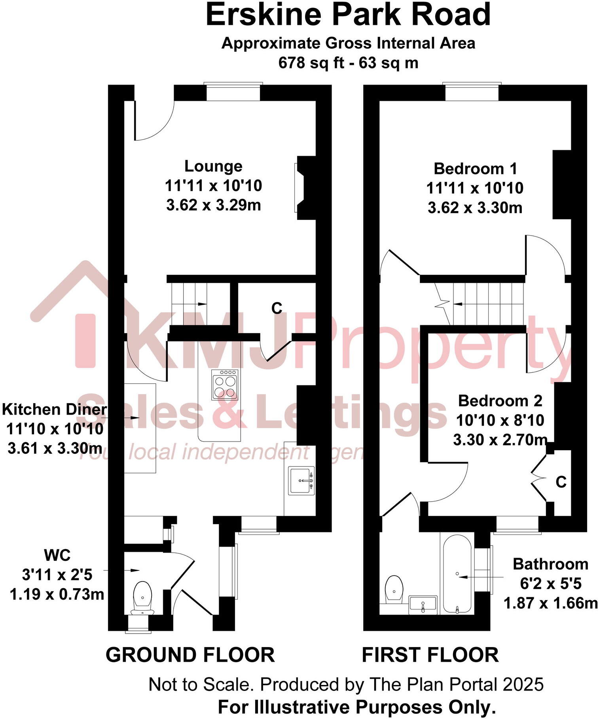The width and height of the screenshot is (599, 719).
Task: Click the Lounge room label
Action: [x=213, y=166]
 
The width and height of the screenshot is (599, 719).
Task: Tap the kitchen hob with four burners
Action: [x=225, y=385]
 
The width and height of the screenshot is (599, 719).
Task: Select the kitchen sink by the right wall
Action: [x=302, y=481]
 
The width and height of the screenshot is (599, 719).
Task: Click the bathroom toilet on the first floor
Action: [x=394, y=589]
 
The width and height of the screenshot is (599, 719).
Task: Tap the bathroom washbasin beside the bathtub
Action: [x=423, y=604]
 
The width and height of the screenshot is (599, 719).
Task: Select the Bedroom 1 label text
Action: [x=475, y=169]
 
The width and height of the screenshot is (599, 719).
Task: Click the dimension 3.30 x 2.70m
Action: [x=500, y=440]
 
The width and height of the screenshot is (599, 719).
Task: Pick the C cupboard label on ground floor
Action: [x=277, y=308]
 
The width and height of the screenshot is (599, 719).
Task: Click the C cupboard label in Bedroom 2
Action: [x=561, y=482]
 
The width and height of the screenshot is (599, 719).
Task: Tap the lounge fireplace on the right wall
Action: [x=303, y=188]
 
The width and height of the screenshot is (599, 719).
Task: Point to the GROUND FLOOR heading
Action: [x=190, y=655]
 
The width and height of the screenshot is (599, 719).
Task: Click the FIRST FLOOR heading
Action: [x=430, y=655]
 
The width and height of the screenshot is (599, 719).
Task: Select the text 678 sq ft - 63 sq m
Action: [x=348, y=63]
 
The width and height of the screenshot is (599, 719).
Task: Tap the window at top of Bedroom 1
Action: [x=471, y=92]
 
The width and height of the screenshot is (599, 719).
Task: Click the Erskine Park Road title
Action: [x=348, y=15]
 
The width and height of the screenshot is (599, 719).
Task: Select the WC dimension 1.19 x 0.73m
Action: [x=57, y=594]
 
